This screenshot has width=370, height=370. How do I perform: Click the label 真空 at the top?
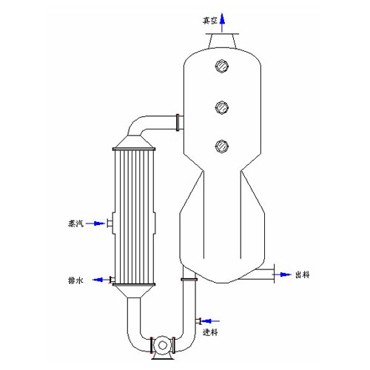pyautogui.click(x=210, y=21)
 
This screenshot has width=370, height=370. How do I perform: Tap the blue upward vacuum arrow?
pyautogui.click(x=222, y=22)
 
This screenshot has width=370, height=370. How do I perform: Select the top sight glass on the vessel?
pyautogui.click(x=222, y=66)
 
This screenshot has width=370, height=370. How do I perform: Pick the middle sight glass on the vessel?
pyautogui.click(x=222, y=107)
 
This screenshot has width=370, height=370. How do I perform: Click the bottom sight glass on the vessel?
pyautogui.click(x=222, y=146)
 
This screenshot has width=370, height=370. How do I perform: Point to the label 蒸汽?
pyautogui.click(x=75, y=223)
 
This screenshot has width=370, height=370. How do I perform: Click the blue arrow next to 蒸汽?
pyautogui.click(x=95, y=223)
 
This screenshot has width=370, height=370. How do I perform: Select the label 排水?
pyautogui.click(x=75, y=280)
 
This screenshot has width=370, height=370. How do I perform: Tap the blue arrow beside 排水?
pyautogui.click(x=101, y=280)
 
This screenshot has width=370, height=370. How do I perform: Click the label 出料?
pyautogui.click(x=303, y=275)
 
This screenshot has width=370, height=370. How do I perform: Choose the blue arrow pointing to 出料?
pyautogui.click(x=282, y=275)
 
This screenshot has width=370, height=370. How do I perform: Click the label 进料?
pyautogui.click(x=210, y=332)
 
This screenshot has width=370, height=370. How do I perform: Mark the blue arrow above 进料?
pyautogui.click(x=210, y=321)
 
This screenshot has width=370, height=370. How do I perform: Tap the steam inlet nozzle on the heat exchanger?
pyautogui.click(x=110, y=223)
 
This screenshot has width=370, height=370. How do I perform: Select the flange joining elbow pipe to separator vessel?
pyautogui.click(x=178, y=123)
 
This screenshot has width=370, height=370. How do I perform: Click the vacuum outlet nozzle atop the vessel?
pyautogui.click(x=222, y=41)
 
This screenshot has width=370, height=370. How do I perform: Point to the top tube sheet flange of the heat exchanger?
pyautogui.click(x=134, y=149)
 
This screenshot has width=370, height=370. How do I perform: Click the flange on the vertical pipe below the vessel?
pyautogui.click(x=189, y=280)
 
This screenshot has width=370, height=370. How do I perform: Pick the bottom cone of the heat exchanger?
pyautogui.click(x=134, y=292)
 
